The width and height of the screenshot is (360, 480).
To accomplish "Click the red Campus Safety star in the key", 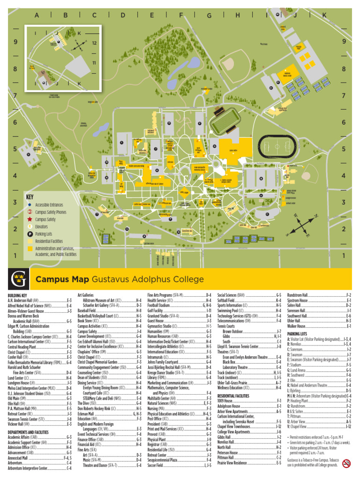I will [x=30, y=219].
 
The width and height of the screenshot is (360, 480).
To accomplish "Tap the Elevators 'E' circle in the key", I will [x=30, y=226].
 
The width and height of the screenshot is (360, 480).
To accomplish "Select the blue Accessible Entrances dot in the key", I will [x=30, y=205].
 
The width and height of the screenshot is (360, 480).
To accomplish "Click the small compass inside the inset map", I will [x=80, y=45].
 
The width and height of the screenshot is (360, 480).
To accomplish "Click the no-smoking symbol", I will [x=347, y=464].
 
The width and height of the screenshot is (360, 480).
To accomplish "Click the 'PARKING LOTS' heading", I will [x=297, y=333].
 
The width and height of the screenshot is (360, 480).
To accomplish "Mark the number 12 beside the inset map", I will [x=94, y=43].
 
